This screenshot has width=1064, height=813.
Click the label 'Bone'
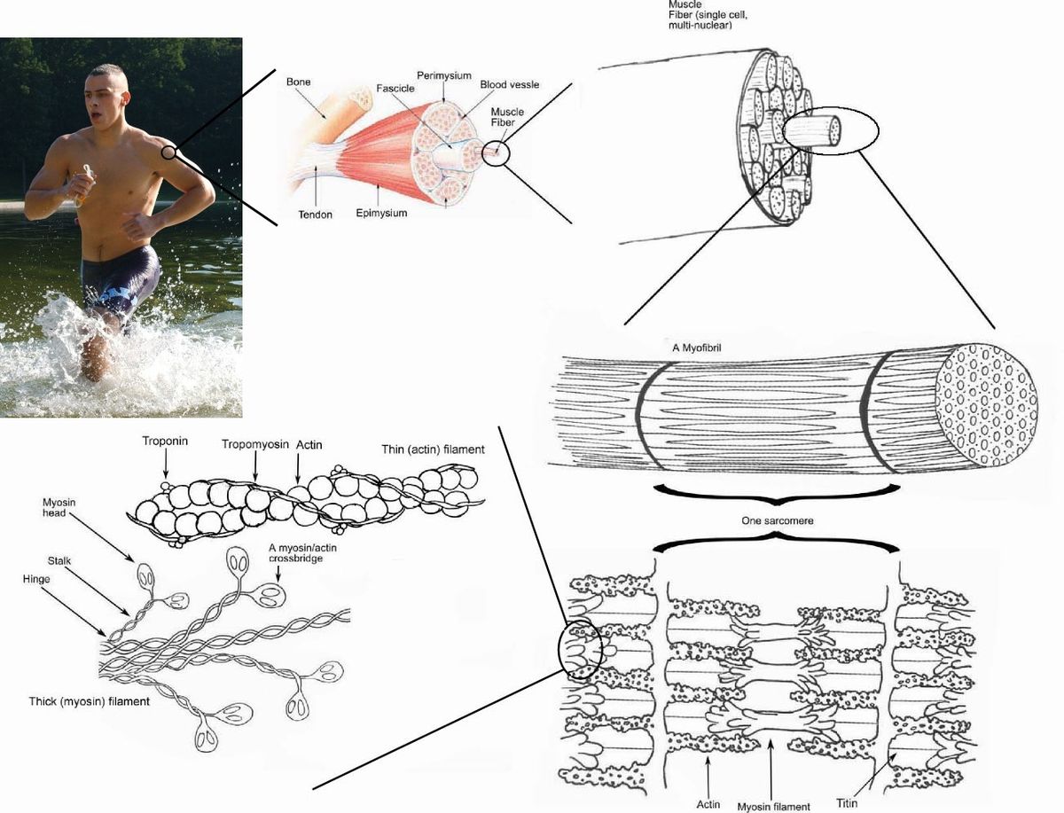pyautogui.click(x=298, y=82)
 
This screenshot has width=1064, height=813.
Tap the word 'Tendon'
pyautogui.click(x=315, y=214)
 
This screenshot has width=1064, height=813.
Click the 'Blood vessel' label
pyautogui.click(x=509, y=84)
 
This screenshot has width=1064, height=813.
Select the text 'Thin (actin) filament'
pyautogui.click(x=433, y=449)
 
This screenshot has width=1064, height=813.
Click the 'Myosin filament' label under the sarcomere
pyautogui.click(x=773, y=806)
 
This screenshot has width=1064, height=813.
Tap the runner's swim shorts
pyautogui.click(x=119, y=281)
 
